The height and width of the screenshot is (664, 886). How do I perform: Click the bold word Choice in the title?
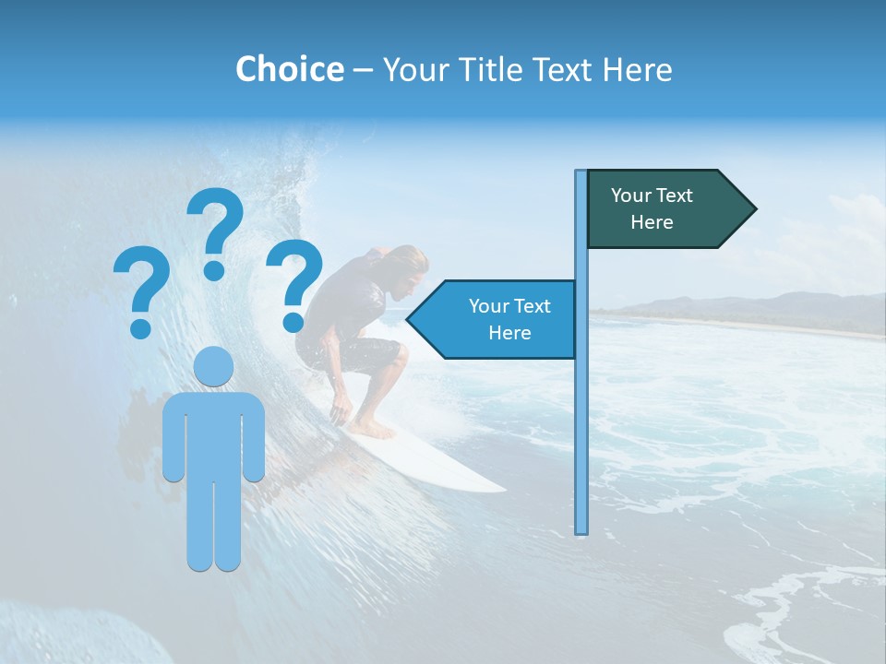tap(289, 69)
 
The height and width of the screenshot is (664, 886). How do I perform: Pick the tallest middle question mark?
tap(214, 231)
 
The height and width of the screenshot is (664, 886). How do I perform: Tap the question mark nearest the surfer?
tap(294, 284)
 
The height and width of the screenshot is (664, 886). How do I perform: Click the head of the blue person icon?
tap(214, 366)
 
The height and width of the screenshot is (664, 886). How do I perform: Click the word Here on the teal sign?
tap(652, 222)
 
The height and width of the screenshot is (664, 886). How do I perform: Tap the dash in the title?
tap(363, 69)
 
